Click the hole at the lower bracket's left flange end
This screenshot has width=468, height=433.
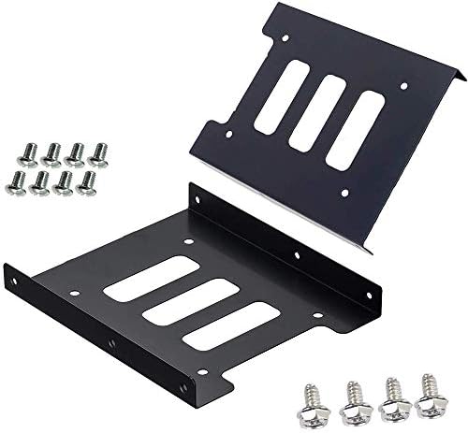click(12, 278)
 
